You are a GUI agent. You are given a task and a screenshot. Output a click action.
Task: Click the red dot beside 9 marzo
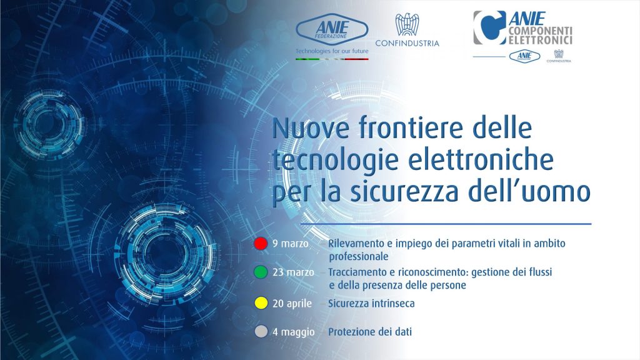click(261, 243)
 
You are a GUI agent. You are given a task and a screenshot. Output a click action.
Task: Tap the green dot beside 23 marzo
click(261, 272)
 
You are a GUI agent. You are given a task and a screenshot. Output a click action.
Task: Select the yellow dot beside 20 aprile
click(261, 303)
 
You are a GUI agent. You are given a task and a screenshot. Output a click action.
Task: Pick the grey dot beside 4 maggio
click(261, 331)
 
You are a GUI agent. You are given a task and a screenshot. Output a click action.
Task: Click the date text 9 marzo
click(290, 244)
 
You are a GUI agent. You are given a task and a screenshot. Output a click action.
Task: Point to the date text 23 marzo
click(293, 272)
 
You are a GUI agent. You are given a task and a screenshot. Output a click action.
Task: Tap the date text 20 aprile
click(292, 304)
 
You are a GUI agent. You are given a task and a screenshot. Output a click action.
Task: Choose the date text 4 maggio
click(294, 332)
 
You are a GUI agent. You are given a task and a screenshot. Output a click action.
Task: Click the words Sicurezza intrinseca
click(371, 303)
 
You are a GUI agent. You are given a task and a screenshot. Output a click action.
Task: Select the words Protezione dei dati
click(370, 332)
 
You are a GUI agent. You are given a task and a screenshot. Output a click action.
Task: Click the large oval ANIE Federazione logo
click(332, 29)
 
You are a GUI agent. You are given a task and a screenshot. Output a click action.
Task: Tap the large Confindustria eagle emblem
click(407, 24)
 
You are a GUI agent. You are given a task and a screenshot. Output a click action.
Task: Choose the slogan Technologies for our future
click(332, 51)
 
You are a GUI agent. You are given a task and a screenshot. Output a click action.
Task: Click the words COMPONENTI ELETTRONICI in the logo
click(540, 36)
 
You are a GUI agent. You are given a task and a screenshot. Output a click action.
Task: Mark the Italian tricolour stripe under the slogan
click(332, 59)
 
